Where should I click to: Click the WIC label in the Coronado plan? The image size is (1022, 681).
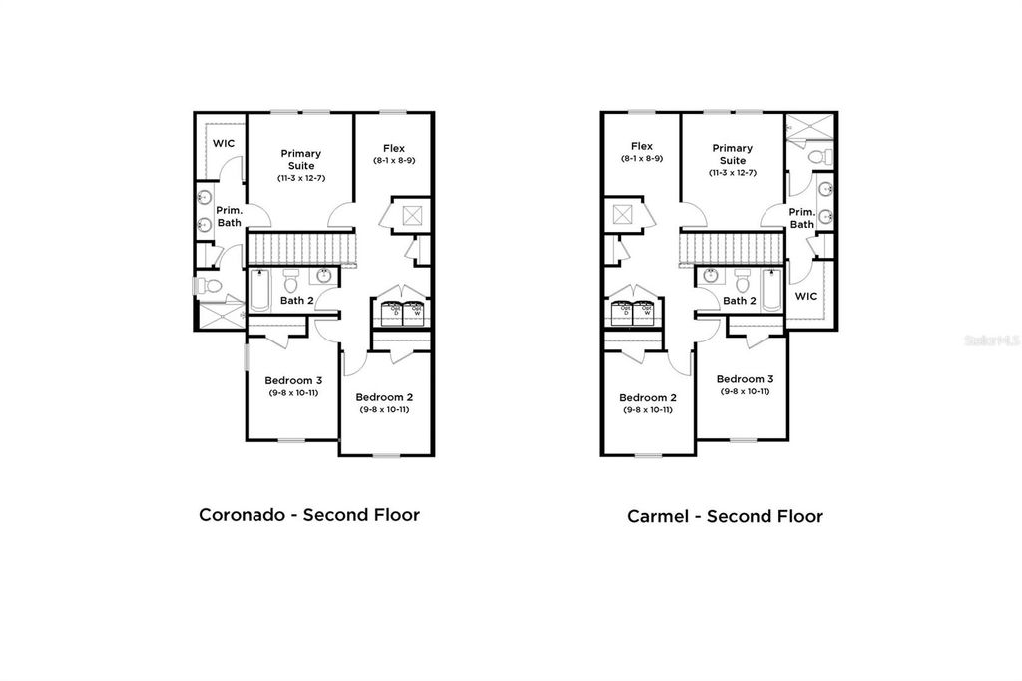(224, 143)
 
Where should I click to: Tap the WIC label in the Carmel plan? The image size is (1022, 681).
(806, 297)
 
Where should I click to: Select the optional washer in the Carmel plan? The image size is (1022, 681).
(646, 311)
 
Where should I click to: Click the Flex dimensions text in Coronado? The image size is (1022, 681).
(395, 161)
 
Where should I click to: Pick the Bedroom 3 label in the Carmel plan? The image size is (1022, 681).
(745, 379)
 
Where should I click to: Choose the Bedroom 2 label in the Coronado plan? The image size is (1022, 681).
(384, 396)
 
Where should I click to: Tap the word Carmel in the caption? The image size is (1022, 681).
(664, 516)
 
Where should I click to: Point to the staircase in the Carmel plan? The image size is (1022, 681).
(734, 245)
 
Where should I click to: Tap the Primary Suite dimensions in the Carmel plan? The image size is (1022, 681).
(733, 173)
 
